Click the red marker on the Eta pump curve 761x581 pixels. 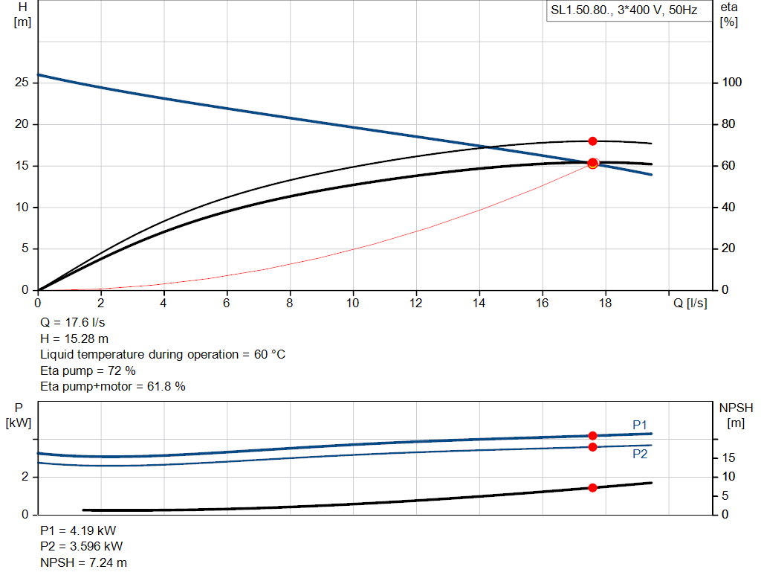pyautogui.click(x=592, y=141)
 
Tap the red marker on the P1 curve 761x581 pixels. pyautogui.click(x=592, y=436)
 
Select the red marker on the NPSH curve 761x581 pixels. pyautogui.click(x=592, y=488)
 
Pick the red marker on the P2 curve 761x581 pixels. pyautogui.click(x=592, y=447)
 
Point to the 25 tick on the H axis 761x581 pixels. pyautogui.click(x=22, y=83)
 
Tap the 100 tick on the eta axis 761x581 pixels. pyautogui.click(x=732, y=83)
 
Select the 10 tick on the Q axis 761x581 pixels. pyautogui.click(x=353, y=303)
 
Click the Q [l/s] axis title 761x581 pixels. pyautogui.click(x=690, y=303)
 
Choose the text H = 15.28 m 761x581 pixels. pyautogui.click(x=74, y=339)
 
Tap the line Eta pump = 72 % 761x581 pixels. pyautogui.click(x=88, y=370)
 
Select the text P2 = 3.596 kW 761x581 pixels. pyautogui.click(x=81, y=547)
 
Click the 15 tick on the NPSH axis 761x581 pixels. pyautogui.click(x=729, y=458)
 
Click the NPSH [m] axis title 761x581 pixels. pyautogui.click(x=736, y=415)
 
